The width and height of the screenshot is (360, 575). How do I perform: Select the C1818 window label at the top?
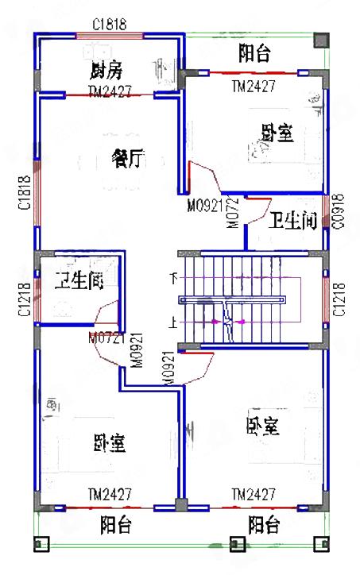pos(110,25)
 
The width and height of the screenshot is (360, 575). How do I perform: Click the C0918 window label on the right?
pos(338,211)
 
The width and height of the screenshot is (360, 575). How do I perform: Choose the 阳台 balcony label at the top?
pos(254,53)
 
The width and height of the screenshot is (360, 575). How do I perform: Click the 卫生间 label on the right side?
pos(294,220)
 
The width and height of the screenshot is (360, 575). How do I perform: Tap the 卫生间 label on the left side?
pos(79,280)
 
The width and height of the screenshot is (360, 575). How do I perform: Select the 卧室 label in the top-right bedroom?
pos(277,133)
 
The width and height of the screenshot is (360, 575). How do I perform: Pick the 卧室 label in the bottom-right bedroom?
pos(262,426)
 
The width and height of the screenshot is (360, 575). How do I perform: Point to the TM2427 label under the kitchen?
pos(110,92)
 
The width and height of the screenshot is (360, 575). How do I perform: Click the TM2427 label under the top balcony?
pos(254,86)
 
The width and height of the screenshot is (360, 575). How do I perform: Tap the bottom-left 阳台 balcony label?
pos(116,525)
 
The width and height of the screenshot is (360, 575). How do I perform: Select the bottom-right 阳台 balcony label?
pos(263,525)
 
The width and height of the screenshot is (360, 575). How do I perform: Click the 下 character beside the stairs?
pos(173,278)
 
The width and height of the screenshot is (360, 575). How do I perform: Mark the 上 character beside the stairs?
pos(173,323)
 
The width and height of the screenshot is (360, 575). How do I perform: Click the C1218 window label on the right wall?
pos(339,299)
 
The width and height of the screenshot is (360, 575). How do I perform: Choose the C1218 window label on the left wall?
pos(24,299)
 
